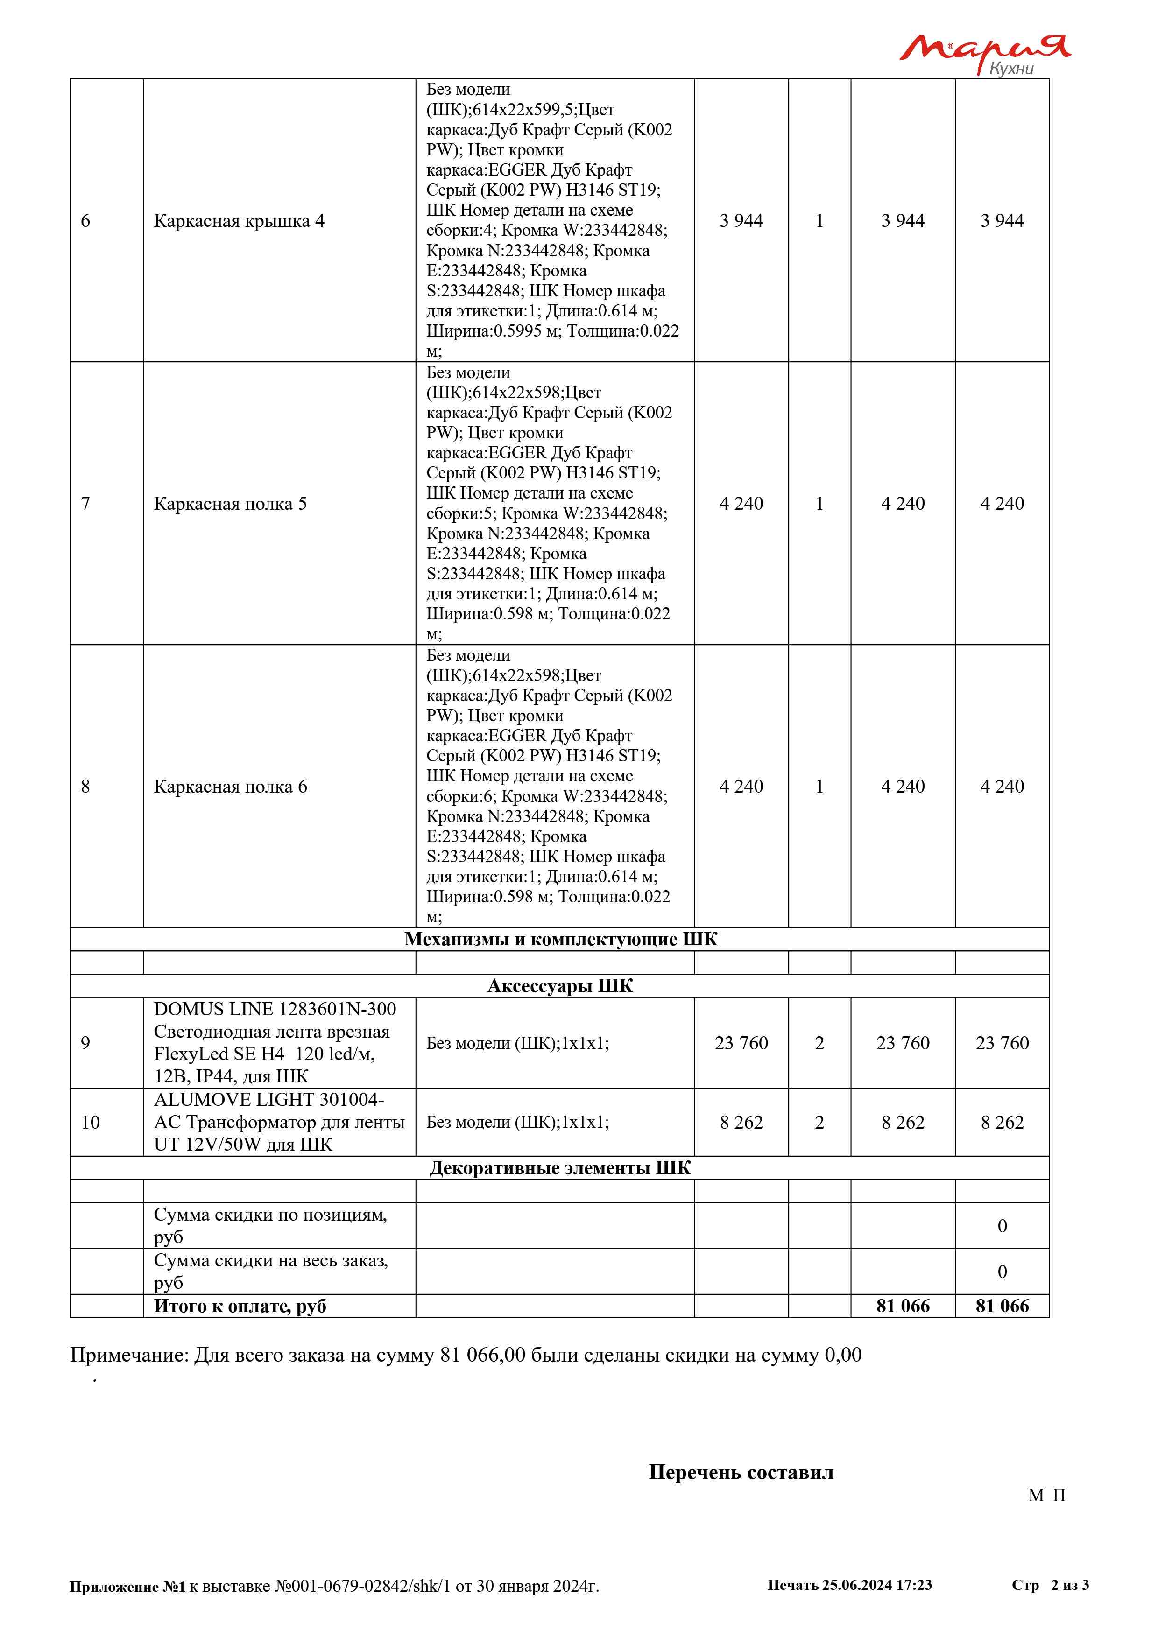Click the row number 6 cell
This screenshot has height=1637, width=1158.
click(x=85, y=221)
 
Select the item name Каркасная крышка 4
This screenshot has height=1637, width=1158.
click(x=239, y=221)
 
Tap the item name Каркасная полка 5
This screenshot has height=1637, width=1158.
click(x=230, y=504)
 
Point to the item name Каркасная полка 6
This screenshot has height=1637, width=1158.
click(x=230, y=787)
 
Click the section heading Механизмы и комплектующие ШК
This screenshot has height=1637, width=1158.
click(x=560, y=939)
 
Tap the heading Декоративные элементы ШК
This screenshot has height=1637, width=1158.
click(x=560, y=1168)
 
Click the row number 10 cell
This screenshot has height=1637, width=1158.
click(x=91, y=1123)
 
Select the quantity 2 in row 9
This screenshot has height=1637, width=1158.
click(x=819, y=1043)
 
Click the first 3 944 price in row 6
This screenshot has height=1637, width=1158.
click(x=741, y=221)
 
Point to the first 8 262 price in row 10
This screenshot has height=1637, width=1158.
click(x=741, y=1123)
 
